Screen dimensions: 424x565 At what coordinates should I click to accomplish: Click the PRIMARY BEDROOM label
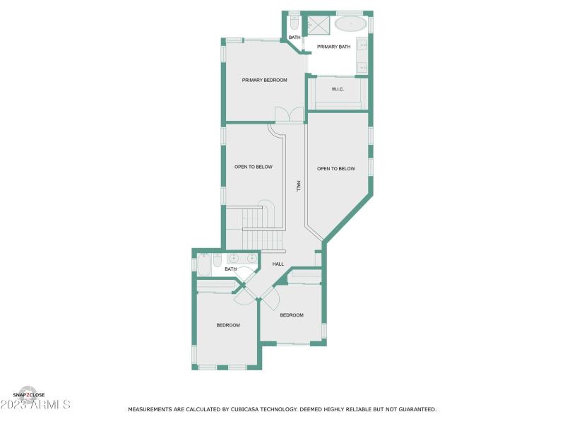click(264, 81)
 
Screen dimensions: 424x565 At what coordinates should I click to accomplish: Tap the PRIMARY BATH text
click(333, 47)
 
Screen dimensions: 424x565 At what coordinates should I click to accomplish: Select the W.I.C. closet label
click(338, 89)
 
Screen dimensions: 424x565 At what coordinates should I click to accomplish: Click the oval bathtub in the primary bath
click(350, 24)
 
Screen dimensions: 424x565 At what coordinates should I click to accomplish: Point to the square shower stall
click(319, 25)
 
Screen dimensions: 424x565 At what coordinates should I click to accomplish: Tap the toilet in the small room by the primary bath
click(294, 23)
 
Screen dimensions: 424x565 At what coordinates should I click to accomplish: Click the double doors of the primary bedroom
click(288, 114)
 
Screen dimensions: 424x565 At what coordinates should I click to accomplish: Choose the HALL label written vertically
click(299, 186)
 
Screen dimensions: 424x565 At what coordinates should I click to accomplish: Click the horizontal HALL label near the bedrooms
click(278, 264)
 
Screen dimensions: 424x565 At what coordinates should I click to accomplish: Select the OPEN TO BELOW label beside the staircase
click(254, 167)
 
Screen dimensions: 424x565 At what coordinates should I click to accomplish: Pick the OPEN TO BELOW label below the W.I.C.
click(335, 169)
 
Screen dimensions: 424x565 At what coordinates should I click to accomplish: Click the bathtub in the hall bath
click(203, 264)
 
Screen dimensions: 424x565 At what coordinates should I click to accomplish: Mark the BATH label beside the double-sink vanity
click(230, 269)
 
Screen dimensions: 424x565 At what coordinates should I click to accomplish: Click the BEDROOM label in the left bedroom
click(228, 325)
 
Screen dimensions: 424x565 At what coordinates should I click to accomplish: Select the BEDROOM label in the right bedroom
click(292, 315)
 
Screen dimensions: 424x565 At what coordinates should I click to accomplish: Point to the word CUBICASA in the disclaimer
click(251, 409)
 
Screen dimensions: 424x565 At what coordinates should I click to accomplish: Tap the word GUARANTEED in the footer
click(415, 409)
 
